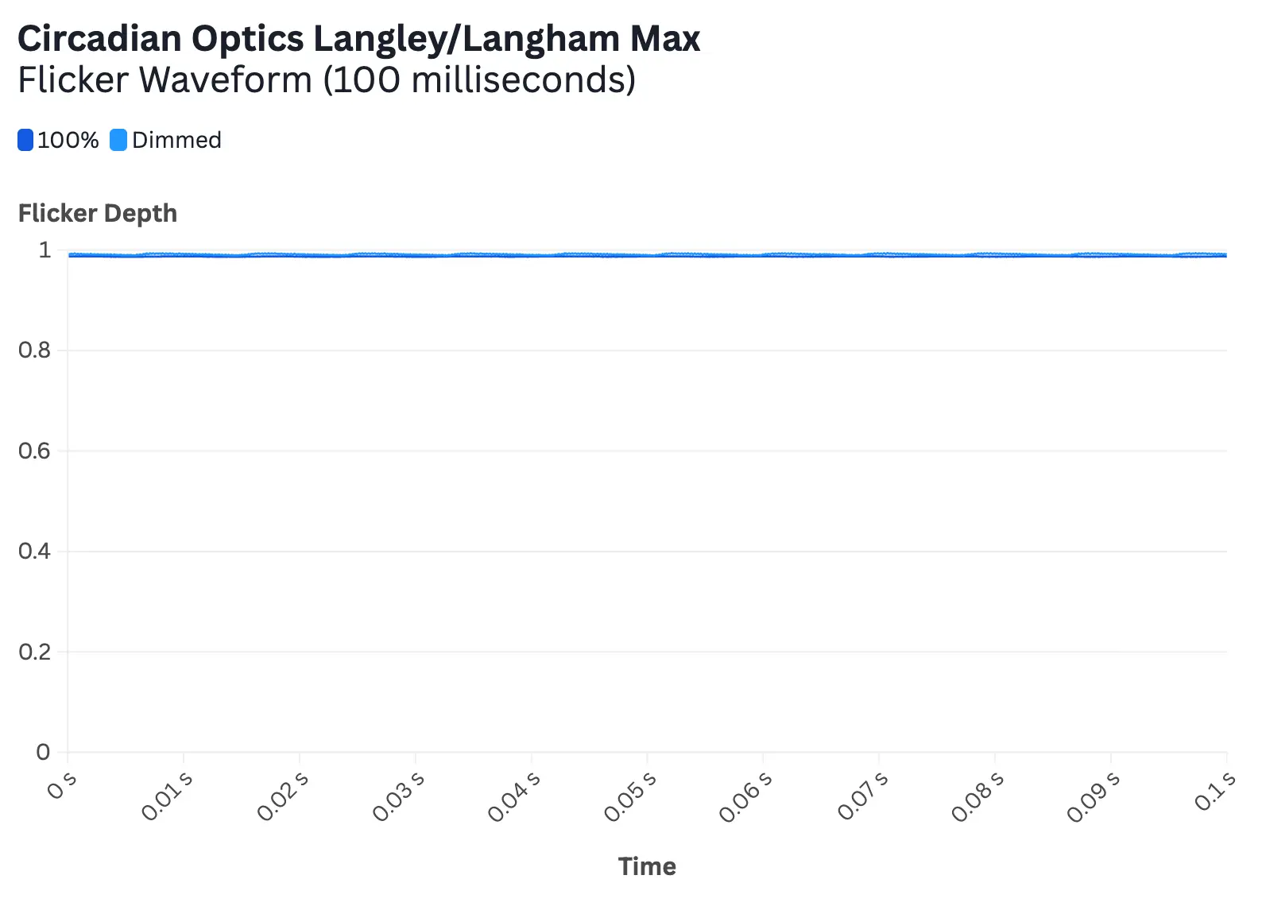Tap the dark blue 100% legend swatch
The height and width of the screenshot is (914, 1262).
25,140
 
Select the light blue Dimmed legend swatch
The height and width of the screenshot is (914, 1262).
118,140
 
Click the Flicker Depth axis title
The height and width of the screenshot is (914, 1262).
98,213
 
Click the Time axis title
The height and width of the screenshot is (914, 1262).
647,866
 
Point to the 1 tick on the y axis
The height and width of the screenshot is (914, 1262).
45,250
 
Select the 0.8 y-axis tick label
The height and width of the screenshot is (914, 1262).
34,350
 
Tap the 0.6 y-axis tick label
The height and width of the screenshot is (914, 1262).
34,451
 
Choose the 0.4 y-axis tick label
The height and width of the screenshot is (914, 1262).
34,551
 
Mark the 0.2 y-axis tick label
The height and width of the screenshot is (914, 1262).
34,652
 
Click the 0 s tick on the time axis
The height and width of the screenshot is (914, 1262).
62,785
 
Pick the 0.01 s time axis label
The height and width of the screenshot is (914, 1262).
167,796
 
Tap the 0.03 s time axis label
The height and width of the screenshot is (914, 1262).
398,796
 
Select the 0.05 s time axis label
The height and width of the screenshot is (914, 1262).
630,796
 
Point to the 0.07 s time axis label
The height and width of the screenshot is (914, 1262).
862,796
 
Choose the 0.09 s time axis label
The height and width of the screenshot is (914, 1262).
1094,796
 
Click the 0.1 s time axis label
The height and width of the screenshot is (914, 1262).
1215,791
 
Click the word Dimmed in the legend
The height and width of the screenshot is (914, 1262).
176,140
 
